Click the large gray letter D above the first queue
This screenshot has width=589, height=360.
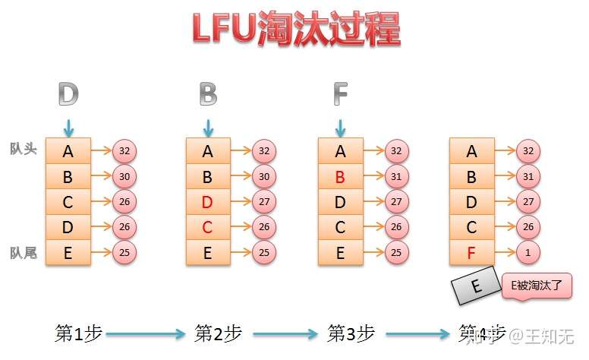68,94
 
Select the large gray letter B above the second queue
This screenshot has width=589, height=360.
208,94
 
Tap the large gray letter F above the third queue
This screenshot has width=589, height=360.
340,94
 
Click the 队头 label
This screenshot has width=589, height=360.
23,150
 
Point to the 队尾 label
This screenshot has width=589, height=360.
23,252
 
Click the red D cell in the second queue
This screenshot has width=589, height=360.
208,202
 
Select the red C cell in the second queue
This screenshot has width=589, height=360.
208,227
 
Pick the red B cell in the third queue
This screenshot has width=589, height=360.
340,176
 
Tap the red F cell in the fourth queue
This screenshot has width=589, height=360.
472,252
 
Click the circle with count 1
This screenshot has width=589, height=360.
528,252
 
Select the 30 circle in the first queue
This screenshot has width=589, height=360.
124,176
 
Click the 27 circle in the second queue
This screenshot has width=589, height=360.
264,202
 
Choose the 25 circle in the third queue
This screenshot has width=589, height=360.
396,252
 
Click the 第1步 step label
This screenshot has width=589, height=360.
79,333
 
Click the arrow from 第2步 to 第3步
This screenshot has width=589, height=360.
281,333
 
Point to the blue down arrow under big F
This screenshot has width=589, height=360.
340,125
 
